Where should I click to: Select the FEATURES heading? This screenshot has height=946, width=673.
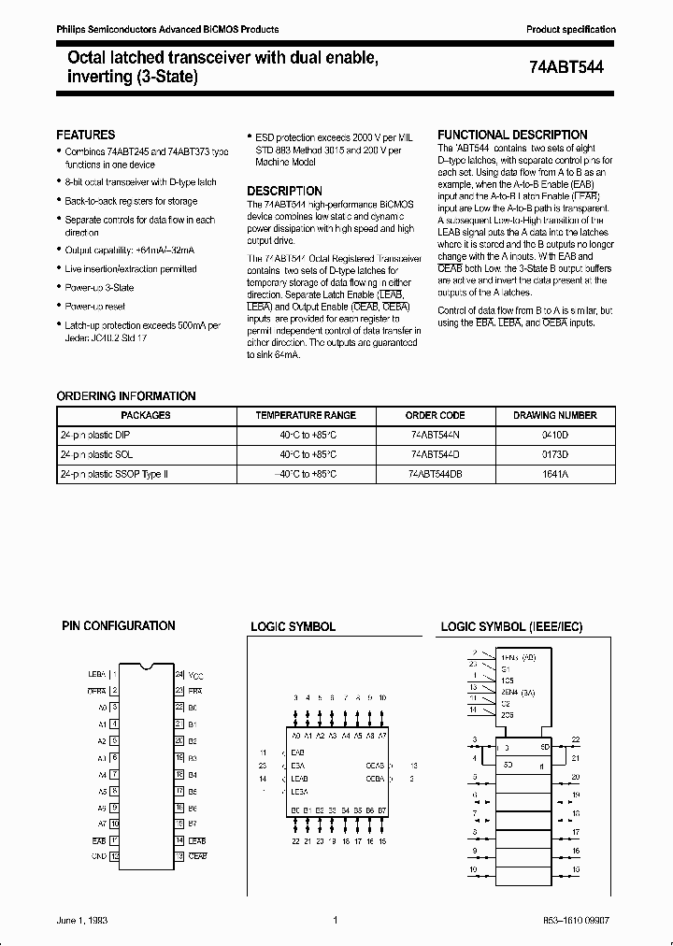[x=86, y=135]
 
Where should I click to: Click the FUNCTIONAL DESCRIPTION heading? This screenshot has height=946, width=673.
[x=512, y=135]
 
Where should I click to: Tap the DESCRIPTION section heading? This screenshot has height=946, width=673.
[x=285, y=190]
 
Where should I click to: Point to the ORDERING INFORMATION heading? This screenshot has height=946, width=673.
[x=126, y=396]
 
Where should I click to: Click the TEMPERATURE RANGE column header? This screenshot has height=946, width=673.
[x=306, y=415]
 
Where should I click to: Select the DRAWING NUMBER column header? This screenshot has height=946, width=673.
[x=554, y=415]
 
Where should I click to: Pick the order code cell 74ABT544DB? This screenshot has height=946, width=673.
[x=436, y=475]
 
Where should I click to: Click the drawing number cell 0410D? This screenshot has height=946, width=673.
[x=554, y=435]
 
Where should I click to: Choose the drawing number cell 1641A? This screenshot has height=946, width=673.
[x=554, y=475]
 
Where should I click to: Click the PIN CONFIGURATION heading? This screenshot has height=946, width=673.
[x=118, y=625]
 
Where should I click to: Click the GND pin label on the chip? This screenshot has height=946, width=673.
[x=98, y=854]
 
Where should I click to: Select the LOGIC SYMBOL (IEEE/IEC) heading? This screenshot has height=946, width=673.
[x=511, y=626]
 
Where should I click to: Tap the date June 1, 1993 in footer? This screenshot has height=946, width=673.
[x=81, y=921]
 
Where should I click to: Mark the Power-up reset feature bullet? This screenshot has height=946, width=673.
[x=94, y=306]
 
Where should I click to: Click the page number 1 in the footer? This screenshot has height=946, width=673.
[x=335, y=921]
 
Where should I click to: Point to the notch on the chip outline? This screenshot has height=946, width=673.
[x=146, y=667]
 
